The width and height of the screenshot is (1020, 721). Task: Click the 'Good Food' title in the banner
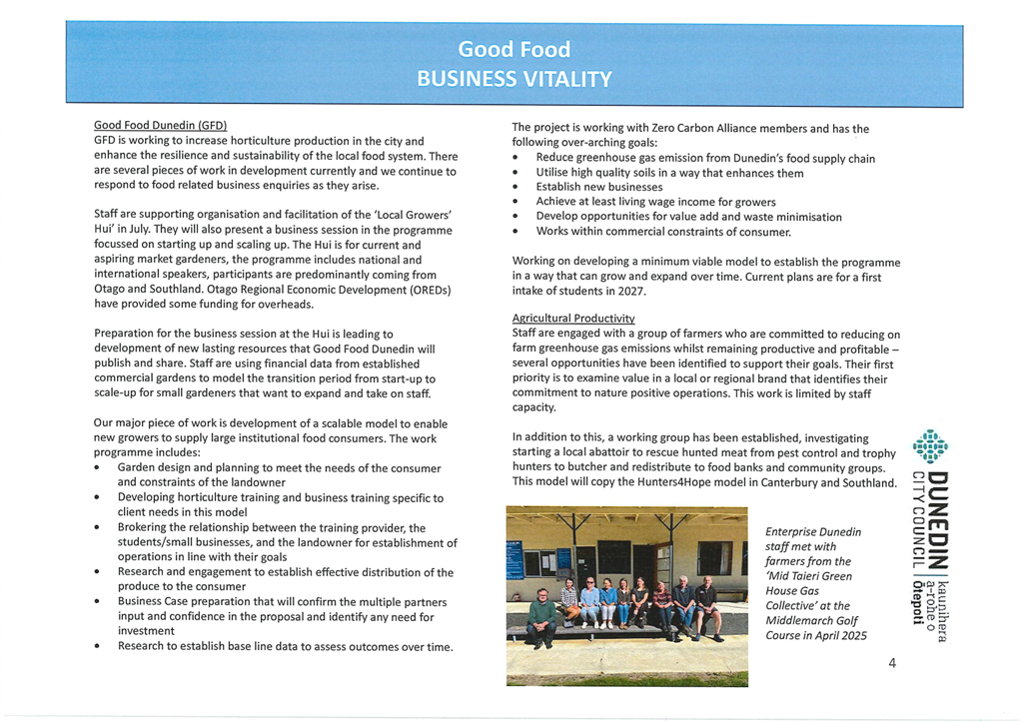click(513, 49)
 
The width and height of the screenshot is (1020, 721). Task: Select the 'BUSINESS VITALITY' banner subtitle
click(513, 79)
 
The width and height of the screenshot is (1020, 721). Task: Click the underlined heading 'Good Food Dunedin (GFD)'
click(160, 126)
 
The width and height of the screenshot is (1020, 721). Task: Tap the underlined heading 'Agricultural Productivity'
click(572, 319)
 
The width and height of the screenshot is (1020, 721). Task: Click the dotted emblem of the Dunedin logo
click(930, 447)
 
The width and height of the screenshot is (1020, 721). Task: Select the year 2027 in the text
click(630, 292)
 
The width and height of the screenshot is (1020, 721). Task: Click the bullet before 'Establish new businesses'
click(514, 188)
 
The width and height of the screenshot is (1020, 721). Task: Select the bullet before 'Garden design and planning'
click(96, 468)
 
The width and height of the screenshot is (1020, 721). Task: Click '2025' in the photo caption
click(851, 636)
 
